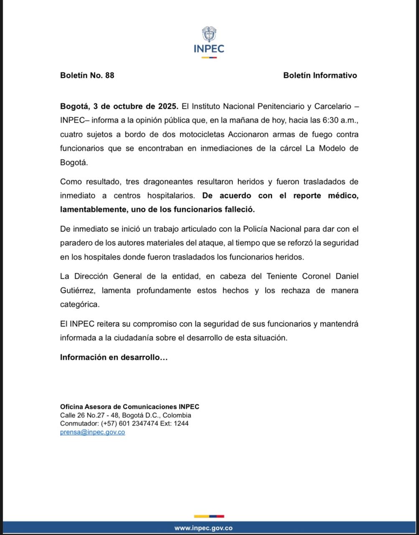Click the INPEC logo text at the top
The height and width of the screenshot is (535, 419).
[x=209, y=48]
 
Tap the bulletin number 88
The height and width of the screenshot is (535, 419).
[x=110, y=75]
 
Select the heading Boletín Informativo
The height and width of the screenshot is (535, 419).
[x=320, y=75]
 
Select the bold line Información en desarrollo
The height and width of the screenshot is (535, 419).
[x=114, y=357]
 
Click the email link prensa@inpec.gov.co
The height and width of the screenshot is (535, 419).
[x=92, y=432]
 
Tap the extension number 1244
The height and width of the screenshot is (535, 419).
[x=181, y=423]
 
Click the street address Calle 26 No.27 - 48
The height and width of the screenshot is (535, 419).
[x=89, y=415]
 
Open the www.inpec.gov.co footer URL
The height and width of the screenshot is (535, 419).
[x=203, y=528]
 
